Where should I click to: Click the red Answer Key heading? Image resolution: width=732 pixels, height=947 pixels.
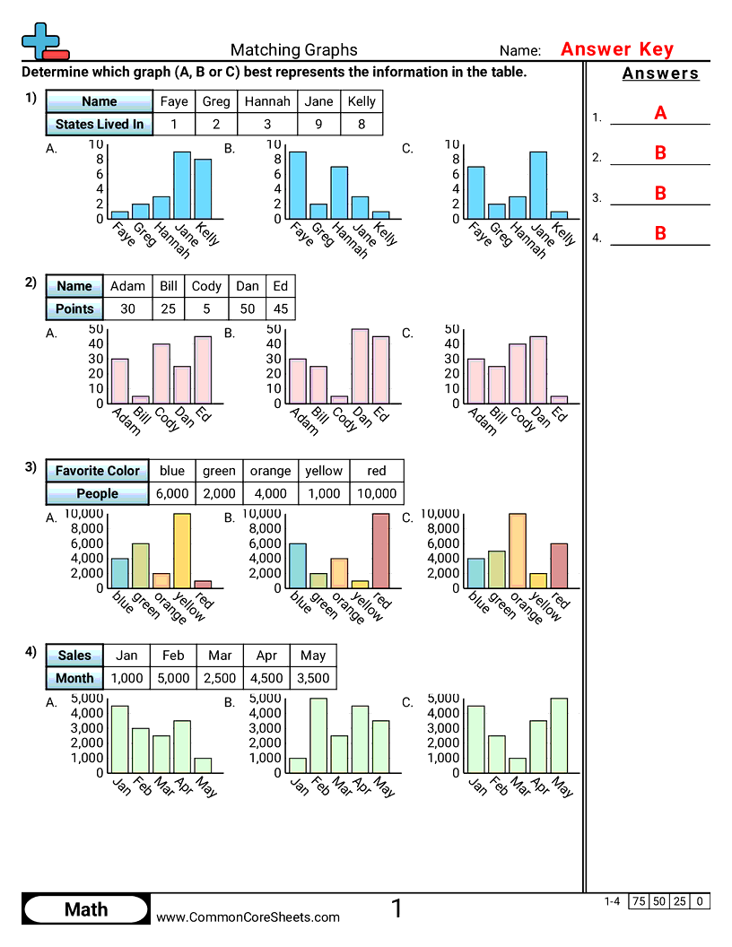pos(616,49)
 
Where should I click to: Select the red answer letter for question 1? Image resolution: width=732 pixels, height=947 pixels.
pos(660,113)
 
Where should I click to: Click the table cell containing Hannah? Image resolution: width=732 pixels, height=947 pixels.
pos(267,101)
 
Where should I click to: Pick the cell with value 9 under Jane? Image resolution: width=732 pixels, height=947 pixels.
pos(319,125)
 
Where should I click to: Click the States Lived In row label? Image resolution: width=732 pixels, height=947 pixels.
pos(99,125)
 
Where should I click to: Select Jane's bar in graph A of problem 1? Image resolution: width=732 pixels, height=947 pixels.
pos(182,185)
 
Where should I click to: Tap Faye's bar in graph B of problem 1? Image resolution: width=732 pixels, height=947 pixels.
pos(298,185)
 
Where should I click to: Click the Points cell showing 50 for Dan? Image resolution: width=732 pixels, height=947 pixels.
pos(248,308)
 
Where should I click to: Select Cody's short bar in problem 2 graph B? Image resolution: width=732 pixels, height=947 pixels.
pos(339,399)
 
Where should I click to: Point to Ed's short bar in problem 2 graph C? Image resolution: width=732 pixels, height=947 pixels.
pos(560,399)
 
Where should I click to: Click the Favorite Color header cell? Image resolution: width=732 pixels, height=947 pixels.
pos(97,471)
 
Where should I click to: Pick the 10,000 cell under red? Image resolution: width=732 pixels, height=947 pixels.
pos(376,493)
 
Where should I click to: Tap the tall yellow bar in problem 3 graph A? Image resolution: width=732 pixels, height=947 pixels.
pos(182,551)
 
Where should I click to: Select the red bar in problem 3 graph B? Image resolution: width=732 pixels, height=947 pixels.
pos(381,551)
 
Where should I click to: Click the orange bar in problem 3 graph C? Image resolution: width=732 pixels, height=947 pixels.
pos(518,551)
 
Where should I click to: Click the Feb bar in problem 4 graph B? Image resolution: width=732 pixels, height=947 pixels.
pos(318,735)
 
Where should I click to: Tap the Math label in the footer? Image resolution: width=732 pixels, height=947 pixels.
pos(86,909)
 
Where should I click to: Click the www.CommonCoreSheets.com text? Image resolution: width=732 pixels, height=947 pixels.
pos(248,917)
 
